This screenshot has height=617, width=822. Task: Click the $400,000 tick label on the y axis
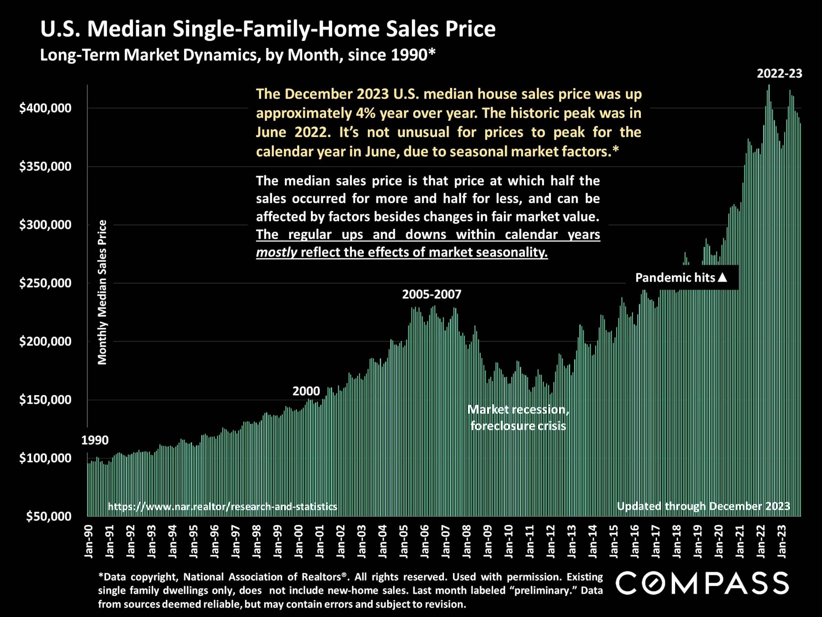(x=45, y=108)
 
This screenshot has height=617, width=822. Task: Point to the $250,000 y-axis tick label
(x=45, y=283)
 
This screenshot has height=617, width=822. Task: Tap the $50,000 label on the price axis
(x=48, y=516)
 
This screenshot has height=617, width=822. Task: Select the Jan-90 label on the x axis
(x=89, y=542)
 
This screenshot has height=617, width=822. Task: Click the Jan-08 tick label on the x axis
(x=467, y=542)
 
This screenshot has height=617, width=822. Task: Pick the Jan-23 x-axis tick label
(x=782, y=542)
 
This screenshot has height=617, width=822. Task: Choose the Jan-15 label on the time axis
(x=614, y=542)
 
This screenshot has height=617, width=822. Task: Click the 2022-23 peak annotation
(x=779, y=74)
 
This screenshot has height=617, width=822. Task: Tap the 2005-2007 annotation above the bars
(x=432, y=294)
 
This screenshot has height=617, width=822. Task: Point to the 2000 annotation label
(x=306, y=391)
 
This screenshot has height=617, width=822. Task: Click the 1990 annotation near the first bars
(x=95, y=440)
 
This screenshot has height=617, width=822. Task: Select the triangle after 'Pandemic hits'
(x=722, y=277)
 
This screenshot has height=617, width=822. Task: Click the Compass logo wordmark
(x=702, y=584)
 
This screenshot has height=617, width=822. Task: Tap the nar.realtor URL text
(x=222, y=506)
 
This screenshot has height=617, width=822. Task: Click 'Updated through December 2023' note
(x=703, y=506)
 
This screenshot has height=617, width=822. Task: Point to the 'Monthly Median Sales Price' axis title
(x=102, y=292)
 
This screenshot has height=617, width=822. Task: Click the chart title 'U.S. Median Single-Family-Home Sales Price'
(x=268, y=29)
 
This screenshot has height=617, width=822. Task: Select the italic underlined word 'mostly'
(x=276, y=252)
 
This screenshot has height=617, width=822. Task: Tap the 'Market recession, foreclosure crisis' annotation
(x=518, y=417)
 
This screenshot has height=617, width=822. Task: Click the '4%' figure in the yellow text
(x=365, y=113)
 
